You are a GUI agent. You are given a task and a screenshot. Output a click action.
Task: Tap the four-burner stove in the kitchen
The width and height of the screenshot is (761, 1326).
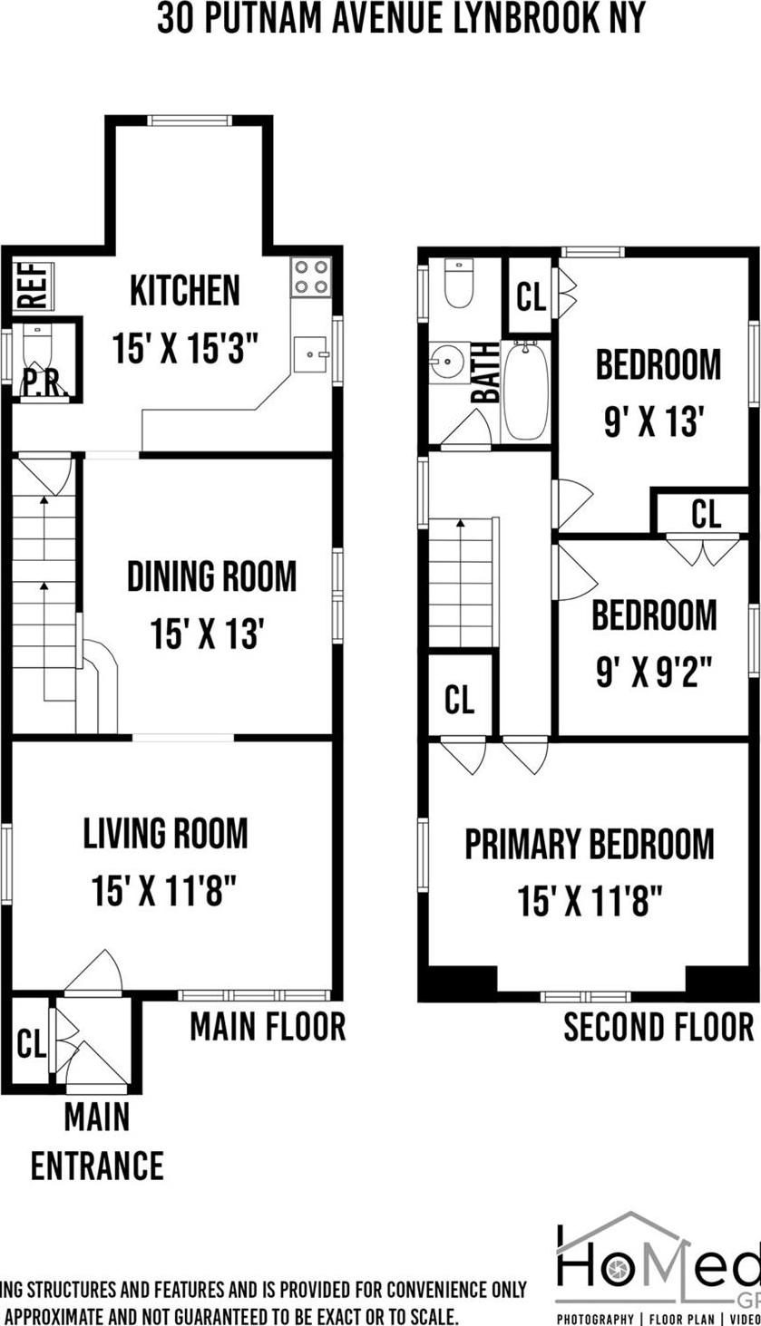310,276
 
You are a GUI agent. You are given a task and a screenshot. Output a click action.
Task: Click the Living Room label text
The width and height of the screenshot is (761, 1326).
165,834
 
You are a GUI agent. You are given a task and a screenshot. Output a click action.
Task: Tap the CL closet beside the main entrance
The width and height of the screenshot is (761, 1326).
31,1043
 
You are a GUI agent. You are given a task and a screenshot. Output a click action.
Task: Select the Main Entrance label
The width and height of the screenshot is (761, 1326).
97,1139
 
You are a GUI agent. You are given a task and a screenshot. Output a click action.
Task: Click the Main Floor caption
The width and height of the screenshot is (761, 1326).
268,1027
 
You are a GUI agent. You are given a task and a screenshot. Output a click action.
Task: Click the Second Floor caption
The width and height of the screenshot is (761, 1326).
659,1028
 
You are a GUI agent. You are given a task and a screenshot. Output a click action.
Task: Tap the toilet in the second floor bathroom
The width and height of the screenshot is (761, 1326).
458,284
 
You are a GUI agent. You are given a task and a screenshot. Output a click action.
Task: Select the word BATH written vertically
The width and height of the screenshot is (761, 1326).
486,373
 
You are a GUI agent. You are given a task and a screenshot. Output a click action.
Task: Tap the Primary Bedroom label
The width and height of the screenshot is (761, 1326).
590,844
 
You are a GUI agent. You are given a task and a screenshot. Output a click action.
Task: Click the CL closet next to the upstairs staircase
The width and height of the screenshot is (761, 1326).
460,699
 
